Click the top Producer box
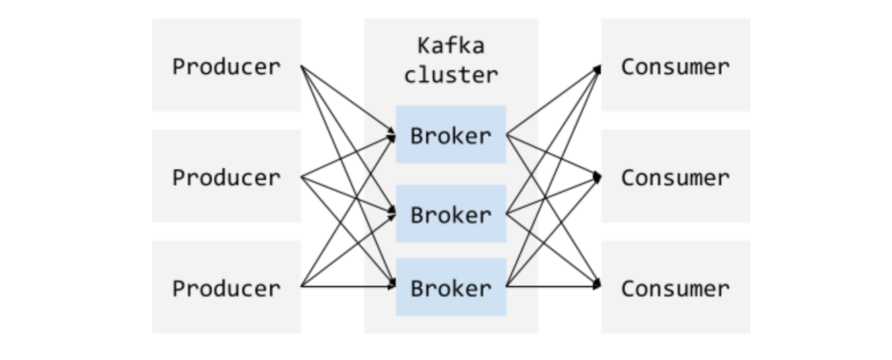point(226,66)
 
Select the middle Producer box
point(226,177)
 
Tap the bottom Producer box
point(226,287)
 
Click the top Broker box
point(451,134)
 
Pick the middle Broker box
point(451,214)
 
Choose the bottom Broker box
point(451,287)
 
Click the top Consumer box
point(676,66)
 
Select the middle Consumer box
point(676,177)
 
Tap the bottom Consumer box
point(676,287)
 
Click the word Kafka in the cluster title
point(451,45)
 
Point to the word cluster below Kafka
point(451,75)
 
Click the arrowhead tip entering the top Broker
point(394,135)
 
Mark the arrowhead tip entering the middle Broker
point(394,212)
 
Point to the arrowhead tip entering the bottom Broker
point(394,286)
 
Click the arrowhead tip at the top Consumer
point(600,67)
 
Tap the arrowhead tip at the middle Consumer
point(600,177)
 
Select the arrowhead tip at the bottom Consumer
point(600,286)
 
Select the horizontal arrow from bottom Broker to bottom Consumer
point(553,287)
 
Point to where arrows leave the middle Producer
point(302,177)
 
